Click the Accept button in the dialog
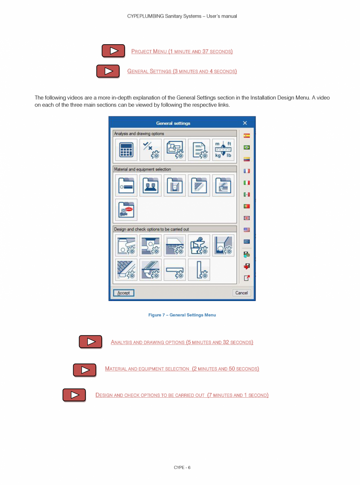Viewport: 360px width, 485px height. coord(124,293)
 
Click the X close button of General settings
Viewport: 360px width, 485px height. coord(245,123)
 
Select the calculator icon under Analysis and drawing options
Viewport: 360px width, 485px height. coord(126,150)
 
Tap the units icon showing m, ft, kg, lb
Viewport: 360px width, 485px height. coord(223,150)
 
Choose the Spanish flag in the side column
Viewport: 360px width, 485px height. coord(247,136)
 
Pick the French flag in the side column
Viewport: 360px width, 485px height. coord(247,171)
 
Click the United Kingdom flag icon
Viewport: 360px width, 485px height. coord(247,218)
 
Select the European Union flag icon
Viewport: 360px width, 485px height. coord(247,242)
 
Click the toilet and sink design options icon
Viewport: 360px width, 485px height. coord(199,245)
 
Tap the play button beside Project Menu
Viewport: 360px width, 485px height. coord(113,51)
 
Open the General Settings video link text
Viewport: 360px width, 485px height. coord(182,71)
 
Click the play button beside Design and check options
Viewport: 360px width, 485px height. coord(74,395)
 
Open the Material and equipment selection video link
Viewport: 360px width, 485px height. coord(182,369)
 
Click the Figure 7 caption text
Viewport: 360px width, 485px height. coord(182,315)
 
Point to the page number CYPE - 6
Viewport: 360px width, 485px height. coord(182,467)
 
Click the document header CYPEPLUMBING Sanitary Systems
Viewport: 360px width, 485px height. coord(182,16)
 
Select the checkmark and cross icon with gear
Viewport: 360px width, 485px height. coord(150,150)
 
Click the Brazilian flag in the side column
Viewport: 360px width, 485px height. coord(247,148)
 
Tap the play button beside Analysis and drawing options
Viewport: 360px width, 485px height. coord(90,342)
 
